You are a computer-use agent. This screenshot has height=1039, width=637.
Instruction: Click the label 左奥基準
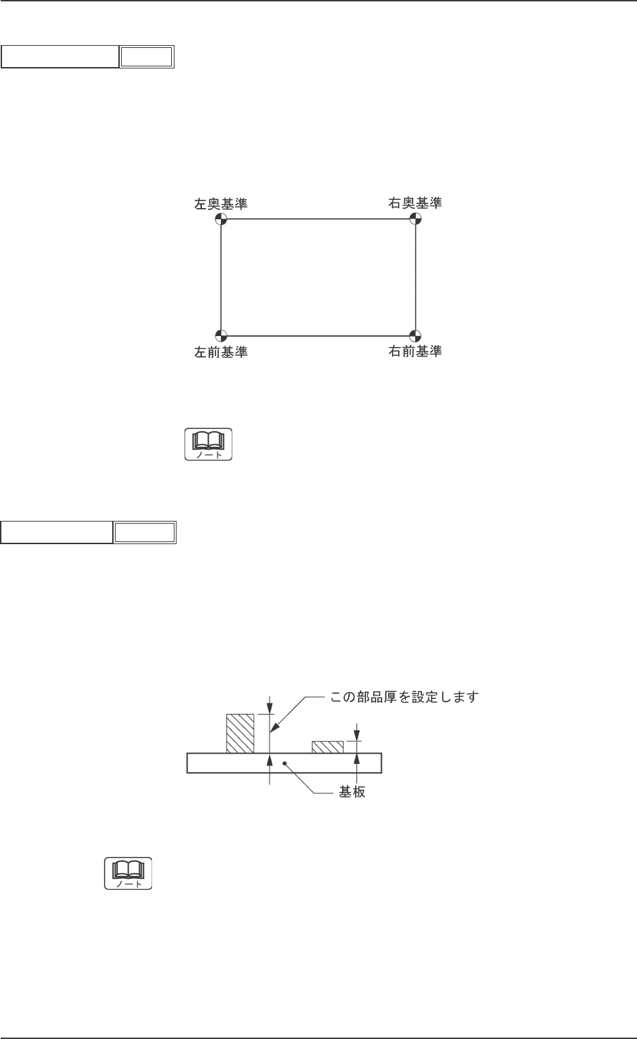pos(220,204)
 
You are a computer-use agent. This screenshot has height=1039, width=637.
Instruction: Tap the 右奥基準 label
pos(415,203)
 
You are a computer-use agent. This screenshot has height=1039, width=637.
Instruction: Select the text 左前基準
pos(220,352)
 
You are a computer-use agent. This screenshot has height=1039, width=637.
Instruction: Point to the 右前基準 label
pos(415,351)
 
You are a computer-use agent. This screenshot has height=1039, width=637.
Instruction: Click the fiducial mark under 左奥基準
pos(220,219)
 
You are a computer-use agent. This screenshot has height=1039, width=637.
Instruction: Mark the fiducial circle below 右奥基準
pos(415,219)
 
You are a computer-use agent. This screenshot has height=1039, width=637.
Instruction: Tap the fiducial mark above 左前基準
pos(220,335)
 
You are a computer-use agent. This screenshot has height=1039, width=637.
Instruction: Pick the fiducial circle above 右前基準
pos(415,335)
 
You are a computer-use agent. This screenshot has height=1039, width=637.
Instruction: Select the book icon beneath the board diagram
pos(128,873)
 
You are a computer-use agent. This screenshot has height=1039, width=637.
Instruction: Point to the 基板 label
pos(352,792)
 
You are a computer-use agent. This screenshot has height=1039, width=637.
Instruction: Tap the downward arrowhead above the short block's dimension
pos(355,736)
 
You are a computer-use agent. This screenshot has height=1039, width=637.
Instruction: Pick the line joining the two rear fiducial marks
pos(317,219)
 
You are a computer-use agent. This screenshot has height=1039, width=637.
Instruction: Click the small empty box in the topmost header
pos(146,57)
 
